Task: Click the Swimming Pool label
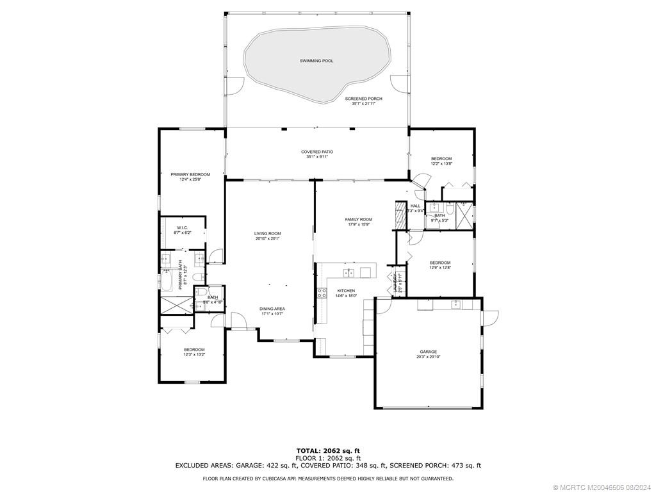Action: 316,61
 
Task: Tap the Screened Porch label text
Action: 363,99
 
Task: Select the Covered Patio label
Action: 317,152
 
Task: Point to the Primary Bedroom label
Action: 190,174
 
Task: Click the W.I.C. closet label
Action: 183,228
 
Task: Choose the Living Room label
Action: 267,234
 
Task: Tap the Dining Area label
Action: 272,309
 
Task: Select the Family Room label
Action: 359,220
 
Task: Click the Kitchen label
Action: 346,291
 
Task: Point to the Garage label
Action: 428,352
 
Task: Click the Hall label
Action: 415,206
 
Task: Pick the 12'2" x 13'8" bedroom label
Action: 441,159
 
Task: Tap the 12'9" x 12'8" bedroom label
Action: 440,263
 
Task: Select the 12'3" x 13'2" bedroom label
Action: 193,349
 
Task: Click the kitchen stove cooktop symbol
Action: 321,293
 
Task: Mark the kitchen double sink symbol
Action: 349,273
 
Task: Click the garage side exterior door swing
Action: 490,317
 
